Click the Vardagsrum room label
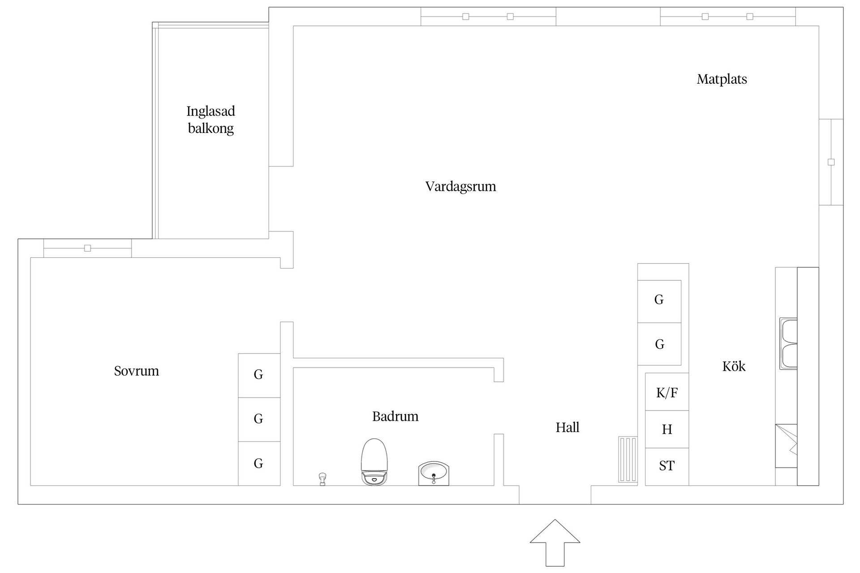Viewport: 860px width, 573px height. click(x=460, y=186)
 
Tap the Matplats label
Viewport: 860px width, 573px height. click(x=722, y=79)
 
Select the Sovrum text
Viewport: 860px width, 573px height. click(x=136, y=371)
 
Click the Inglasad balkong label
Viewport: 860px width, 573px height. click(x=211, y=120)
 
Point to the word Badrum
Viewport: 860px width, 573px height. click(x=395, y=416)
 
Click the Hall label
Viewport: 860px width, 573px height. click(x=567, y=428)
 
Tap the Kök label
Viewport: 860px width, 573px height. click(x=734, y=366)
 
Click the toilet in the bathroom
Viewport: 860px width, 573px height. click(x=374, y=462)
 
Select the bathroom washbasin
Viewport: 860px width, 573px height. click(x=433, y=474)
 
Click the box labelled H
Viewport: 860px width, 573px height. click(x=666, y=429)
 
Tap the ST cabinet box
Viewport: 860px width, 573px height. click(x=666, y=466)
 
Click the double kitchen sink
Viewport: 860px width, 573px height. click(x=788, y=344)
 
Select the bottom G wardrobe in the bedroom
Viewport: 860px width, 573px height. click(x=259, y=463)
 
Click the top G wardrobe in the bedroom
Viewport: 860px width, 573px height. click(x=259, y=375)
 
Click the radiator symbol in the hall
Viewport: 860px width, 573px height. click(x=628, y=459)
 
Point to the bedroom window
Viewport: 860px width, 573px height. click(x=87, y=248)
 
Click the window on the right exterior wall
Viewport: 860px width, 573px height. click(x=831, y=162)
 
